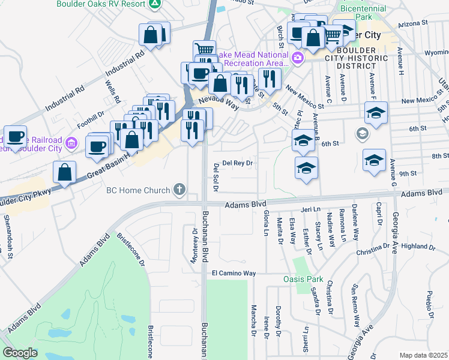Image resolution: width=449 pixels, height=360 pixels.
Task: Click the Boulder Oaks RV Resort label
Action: (x=101, y=4)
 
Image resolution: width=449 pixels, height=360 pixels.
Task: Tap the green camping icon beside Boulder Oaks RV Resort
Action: (x=155, y=4)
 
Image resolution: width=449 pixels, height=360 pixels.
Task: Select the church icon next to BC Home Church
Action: (x=178, y=191)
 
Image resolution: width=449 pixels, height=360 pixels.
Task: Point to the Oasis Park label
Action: (x=303, y=280)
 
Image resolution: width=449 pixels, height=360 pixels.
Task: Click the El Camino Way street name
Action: (x=234, y=273)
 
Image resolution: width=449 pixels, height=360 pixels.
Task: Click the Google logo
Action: (x=20, y=353)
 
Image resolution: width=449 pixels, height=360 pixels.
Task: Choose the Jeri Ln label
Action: (x=308, y=211)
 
